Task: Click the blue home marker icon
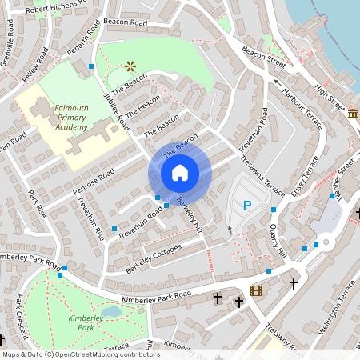tap(180, 172)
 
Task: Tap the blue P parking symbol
tap(247, 206)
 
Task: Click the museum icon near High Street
tap(353, 115)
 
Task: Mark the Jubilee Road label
tap(117, 111)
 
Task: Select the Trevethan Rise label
tap(91, 221)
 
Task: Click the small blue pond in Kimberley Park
tap(111, 310)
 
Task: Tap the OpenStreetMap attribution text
tap(81, 354)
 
